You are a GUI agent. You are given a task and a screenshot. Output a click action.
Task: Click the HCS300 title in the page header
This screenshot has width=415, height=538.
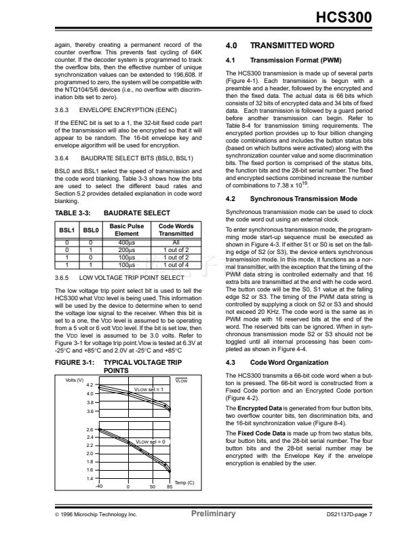coord(344,20)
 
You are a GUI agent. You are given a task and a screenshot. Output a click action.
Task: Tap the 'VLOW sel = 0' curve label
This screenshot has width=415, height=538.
coord(151,442)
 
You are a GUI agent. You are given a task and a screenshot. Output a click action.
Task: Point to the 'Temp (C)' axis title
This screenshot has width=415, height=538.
coord(184,483)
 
